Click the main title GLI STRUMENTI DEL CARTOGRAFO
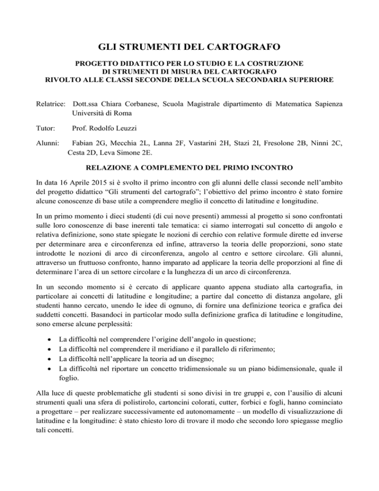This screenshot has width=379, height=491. point(189,48)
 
